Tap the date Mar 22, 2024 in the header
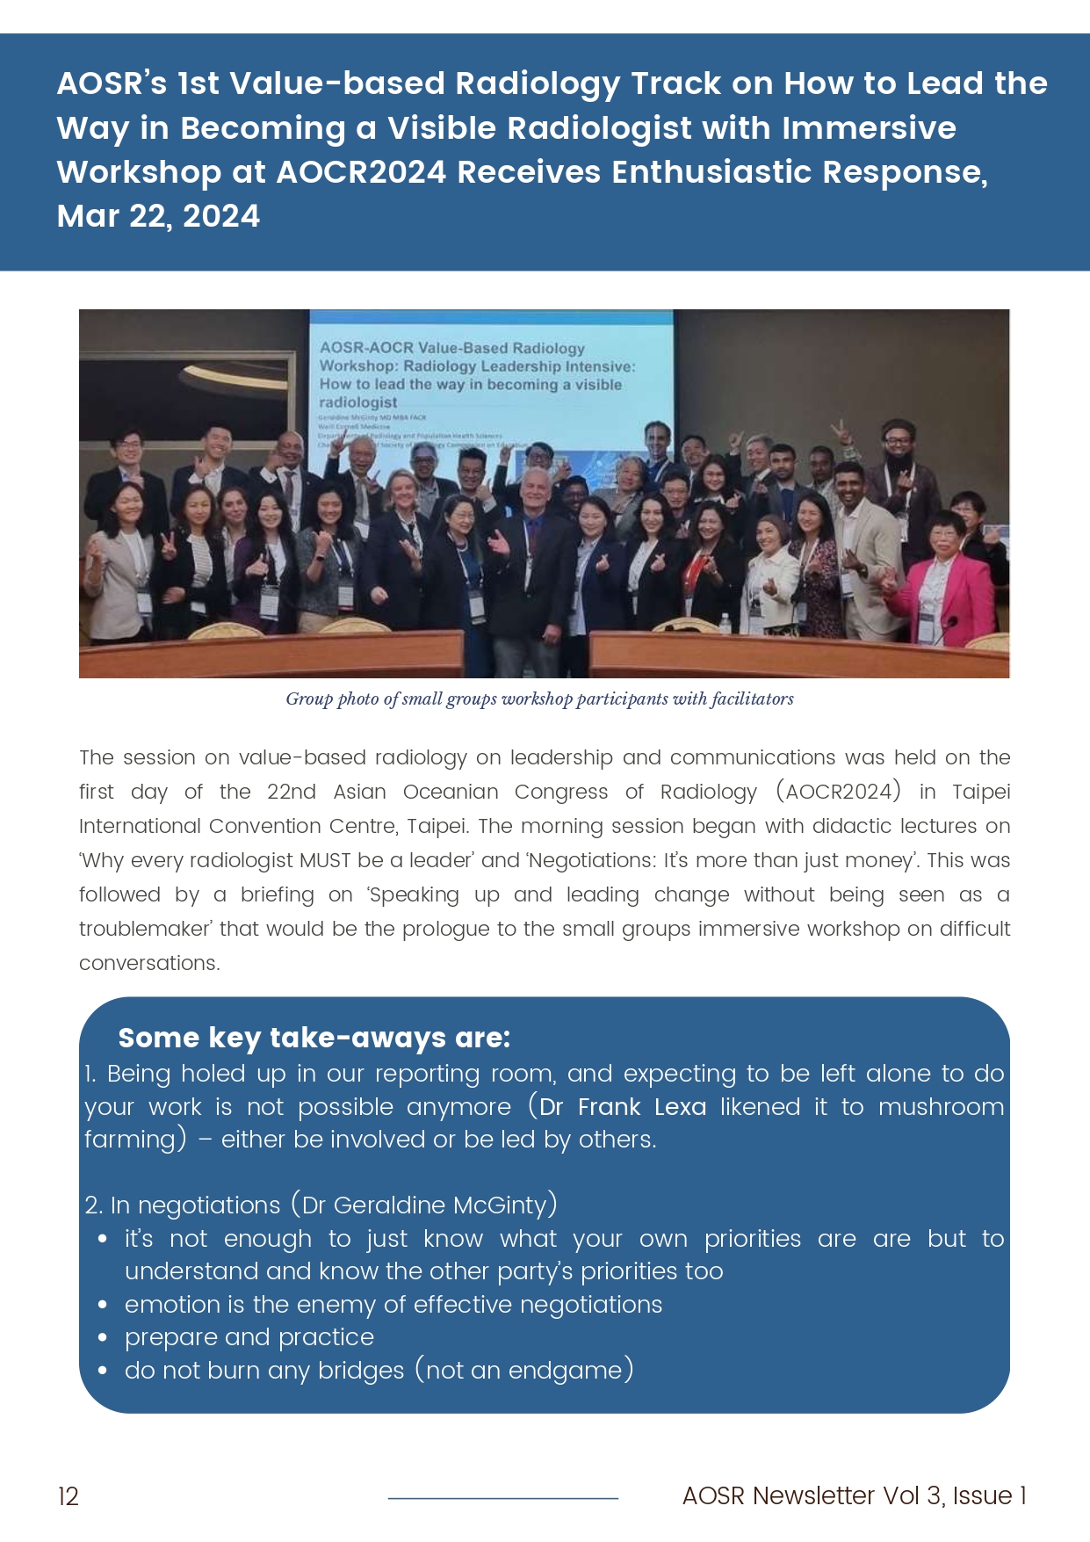[158, 216]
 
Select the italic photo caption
[539, 699]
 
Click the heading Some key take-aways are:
[314, 1038]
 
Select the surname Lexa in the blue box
[680, 1107]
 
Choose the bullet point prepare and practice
[249, 1337]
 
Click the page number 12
[69, 1496]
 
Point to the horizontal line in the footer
[502, 1498]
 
